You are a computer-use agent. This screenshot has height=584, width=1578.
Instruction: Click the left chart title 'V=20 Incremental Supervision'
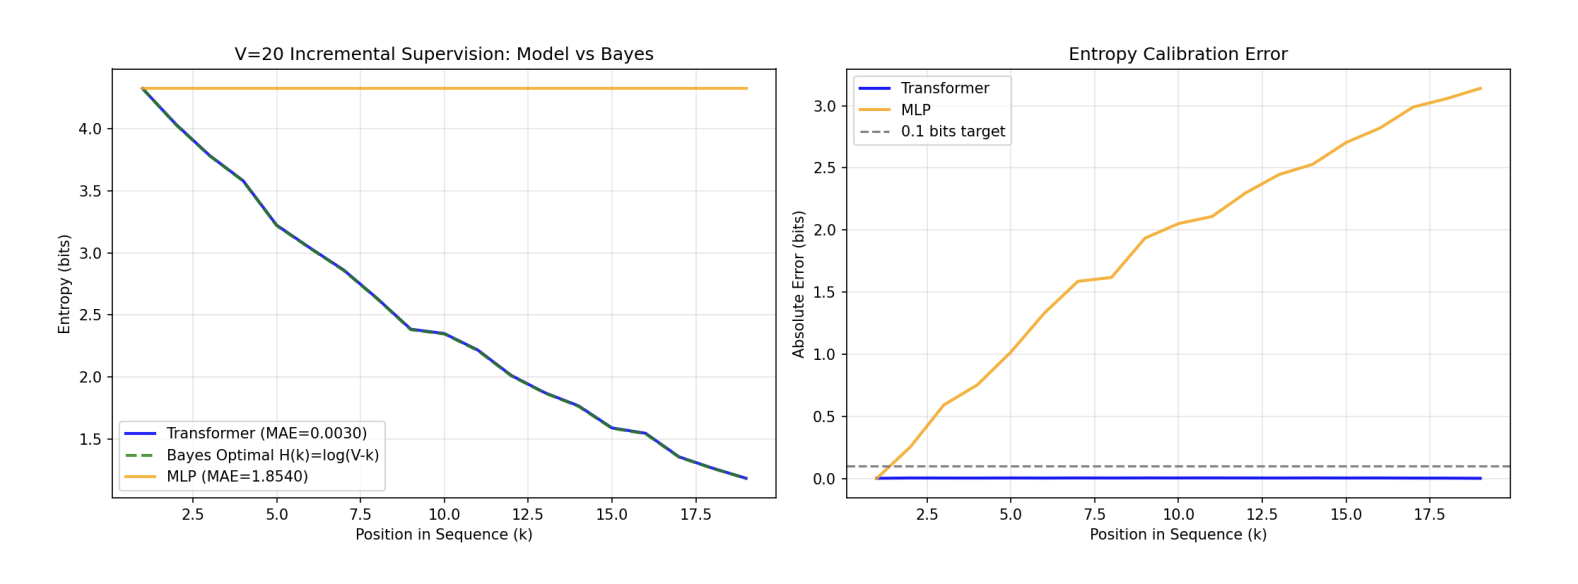tap(443, 54)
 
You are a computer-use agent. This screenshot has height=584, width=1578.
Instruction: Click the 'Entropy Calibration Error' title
tap(1177, 54)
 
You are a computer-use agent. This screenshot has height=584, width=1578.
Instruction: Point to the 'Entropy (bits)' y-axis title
tap(65, 284)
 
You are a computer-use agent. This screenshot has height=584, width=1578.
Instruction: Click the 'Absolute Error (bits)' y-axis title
tap(799, 284)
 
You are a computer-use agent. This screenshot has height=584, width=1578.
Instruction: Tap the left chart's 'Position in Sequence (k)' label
tap(443, 534)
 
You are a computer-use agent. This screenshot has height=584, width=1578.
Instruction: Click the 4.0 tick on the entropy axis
tap(90, 129)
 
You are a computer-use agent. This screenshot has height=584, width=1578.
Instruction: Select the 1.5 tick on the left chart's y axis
tap(90, 439)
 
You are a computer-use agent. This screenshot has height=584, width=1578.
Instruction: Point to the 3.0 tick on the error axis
tap(824, 106)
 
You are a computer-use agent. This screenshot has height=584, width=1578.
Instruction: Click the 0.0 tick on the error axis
tap(824, 479)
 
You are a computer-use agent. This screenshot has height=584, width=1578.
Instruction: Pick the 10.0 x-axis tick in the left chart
tap(443, 514)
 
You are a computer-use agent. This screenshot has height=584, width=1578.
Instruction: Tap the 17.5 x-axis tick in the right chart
tap(1429, 514)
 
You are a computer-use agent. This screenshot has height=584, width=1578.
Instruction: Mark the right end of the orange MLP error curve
tap(1480, 88)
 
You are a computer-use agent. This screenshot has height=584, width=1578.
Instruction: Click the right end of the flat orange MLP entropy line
tap(746, 88)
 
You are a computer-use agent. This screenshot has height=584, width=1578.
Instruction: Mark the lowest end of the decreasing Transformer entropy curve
tap(746, 478)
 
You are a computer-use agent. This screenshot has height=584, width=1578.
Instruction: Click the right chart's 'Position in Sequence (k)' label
tap(1177, 534)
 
